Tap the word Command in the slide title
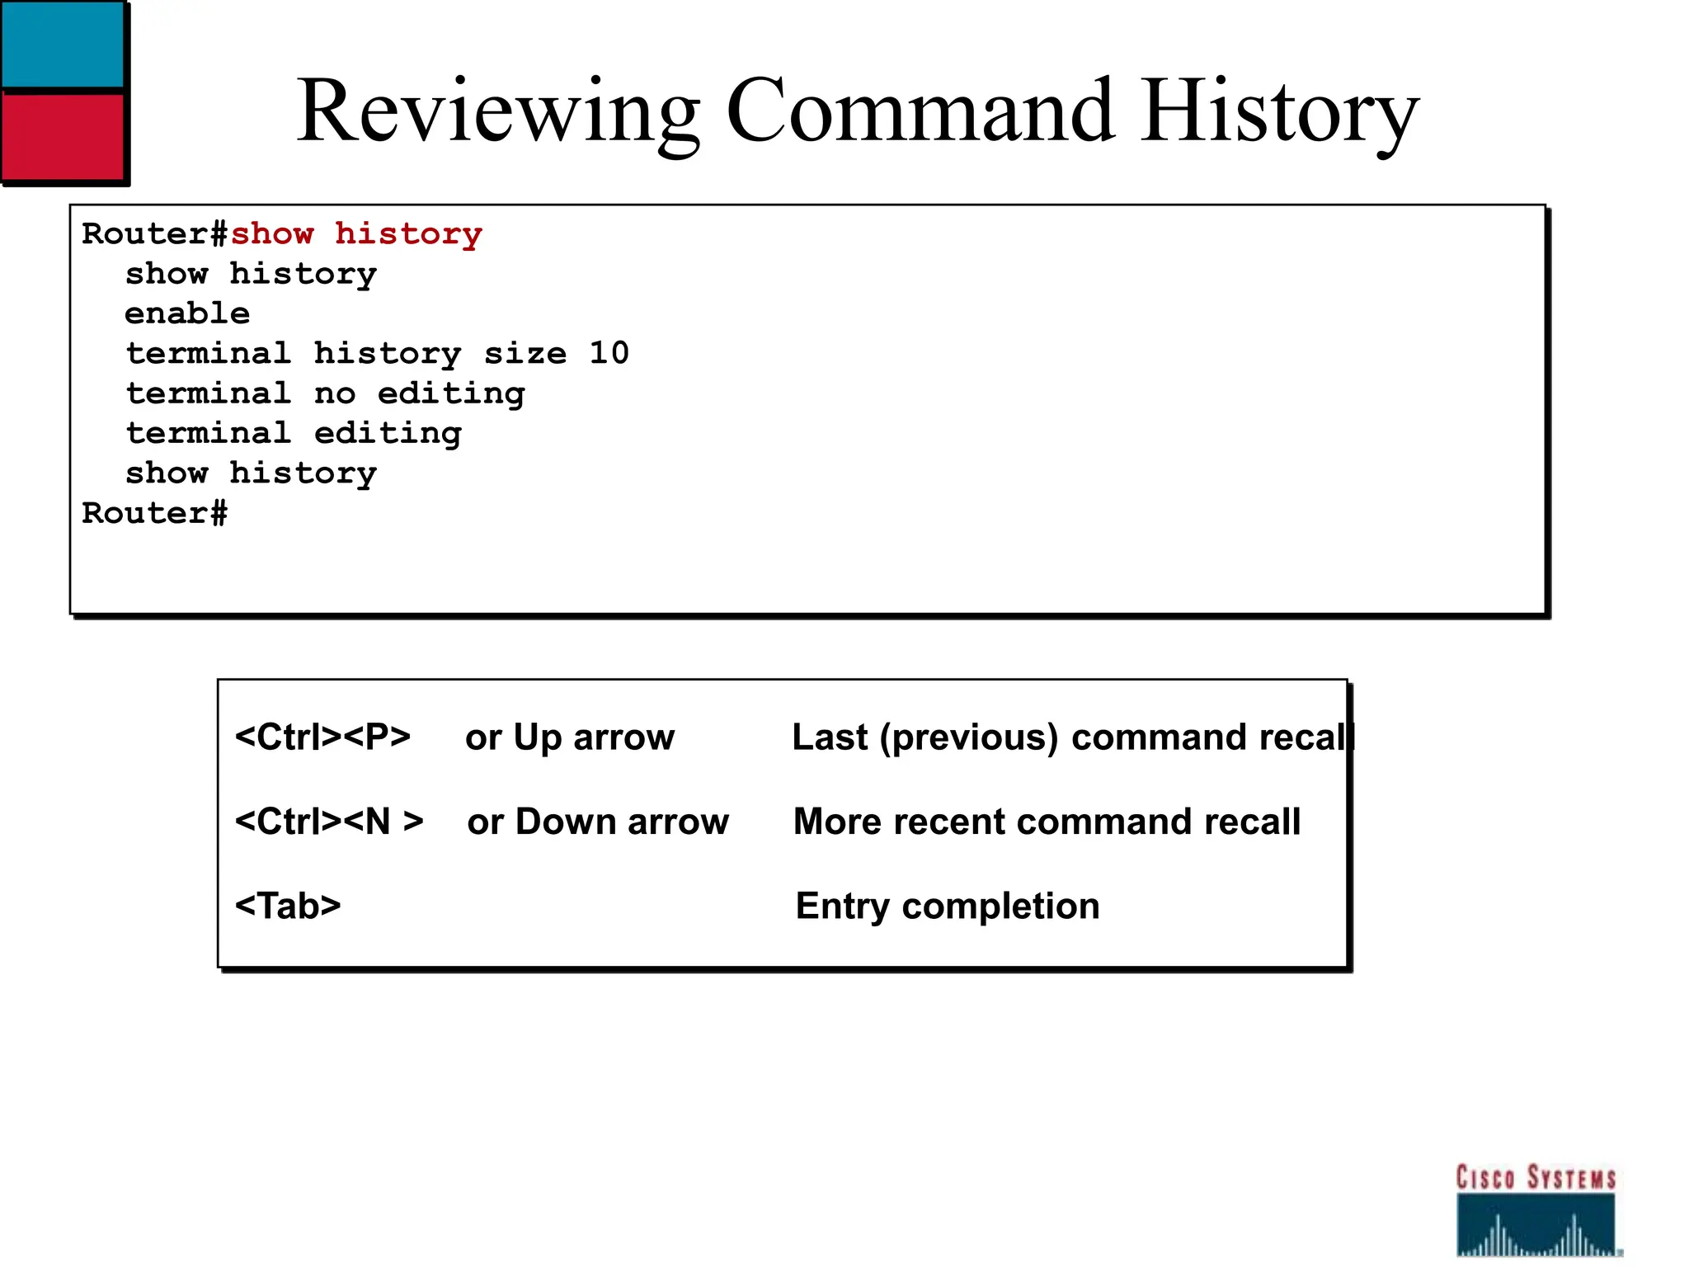pos(920,111)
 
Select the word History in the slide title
pos(1281,111)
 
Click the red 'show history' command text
pos(355,234)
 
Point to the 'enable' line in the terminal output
pos(187,313)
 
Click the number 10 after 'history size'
pos(609,353)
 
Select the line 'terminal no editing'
pos(325,393)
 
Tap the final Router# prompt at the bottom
pos(154,513)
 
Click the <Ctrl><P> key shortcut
pos(322,737)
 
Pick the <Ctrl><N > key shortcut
pos(329,822)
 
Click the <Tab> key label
pos(288,906)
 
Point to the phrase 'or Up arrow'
pos(570,737)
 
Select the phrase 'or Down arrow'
pos(598,822)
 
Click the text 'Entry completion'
pos(948,906)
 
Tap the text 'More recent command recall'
pos(1047,822)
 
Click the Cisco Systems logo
pos(1536,1210)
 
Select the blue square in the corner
pos(62,43)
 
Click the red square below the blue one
pos(62,134)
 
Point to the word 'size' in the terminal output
pos(525,353)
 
